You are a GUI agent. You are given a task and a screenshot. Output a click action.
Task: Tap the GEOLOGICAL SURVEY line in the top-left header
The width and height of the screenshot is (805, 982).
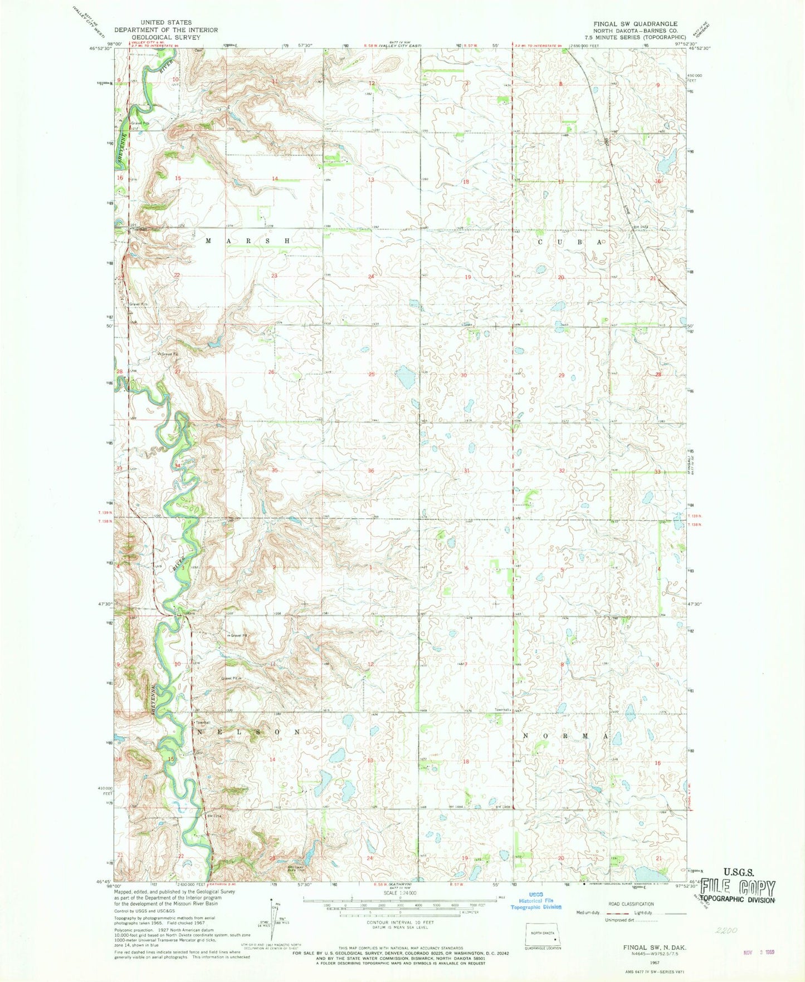click(167, 36)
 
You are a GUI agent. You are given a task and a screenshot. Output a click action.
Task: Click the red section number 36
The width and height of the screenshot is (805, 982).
click(371, 471)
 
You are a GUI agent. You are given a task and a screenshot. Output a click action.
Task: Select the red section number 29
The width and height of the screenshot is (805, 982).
click(562, 376)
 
